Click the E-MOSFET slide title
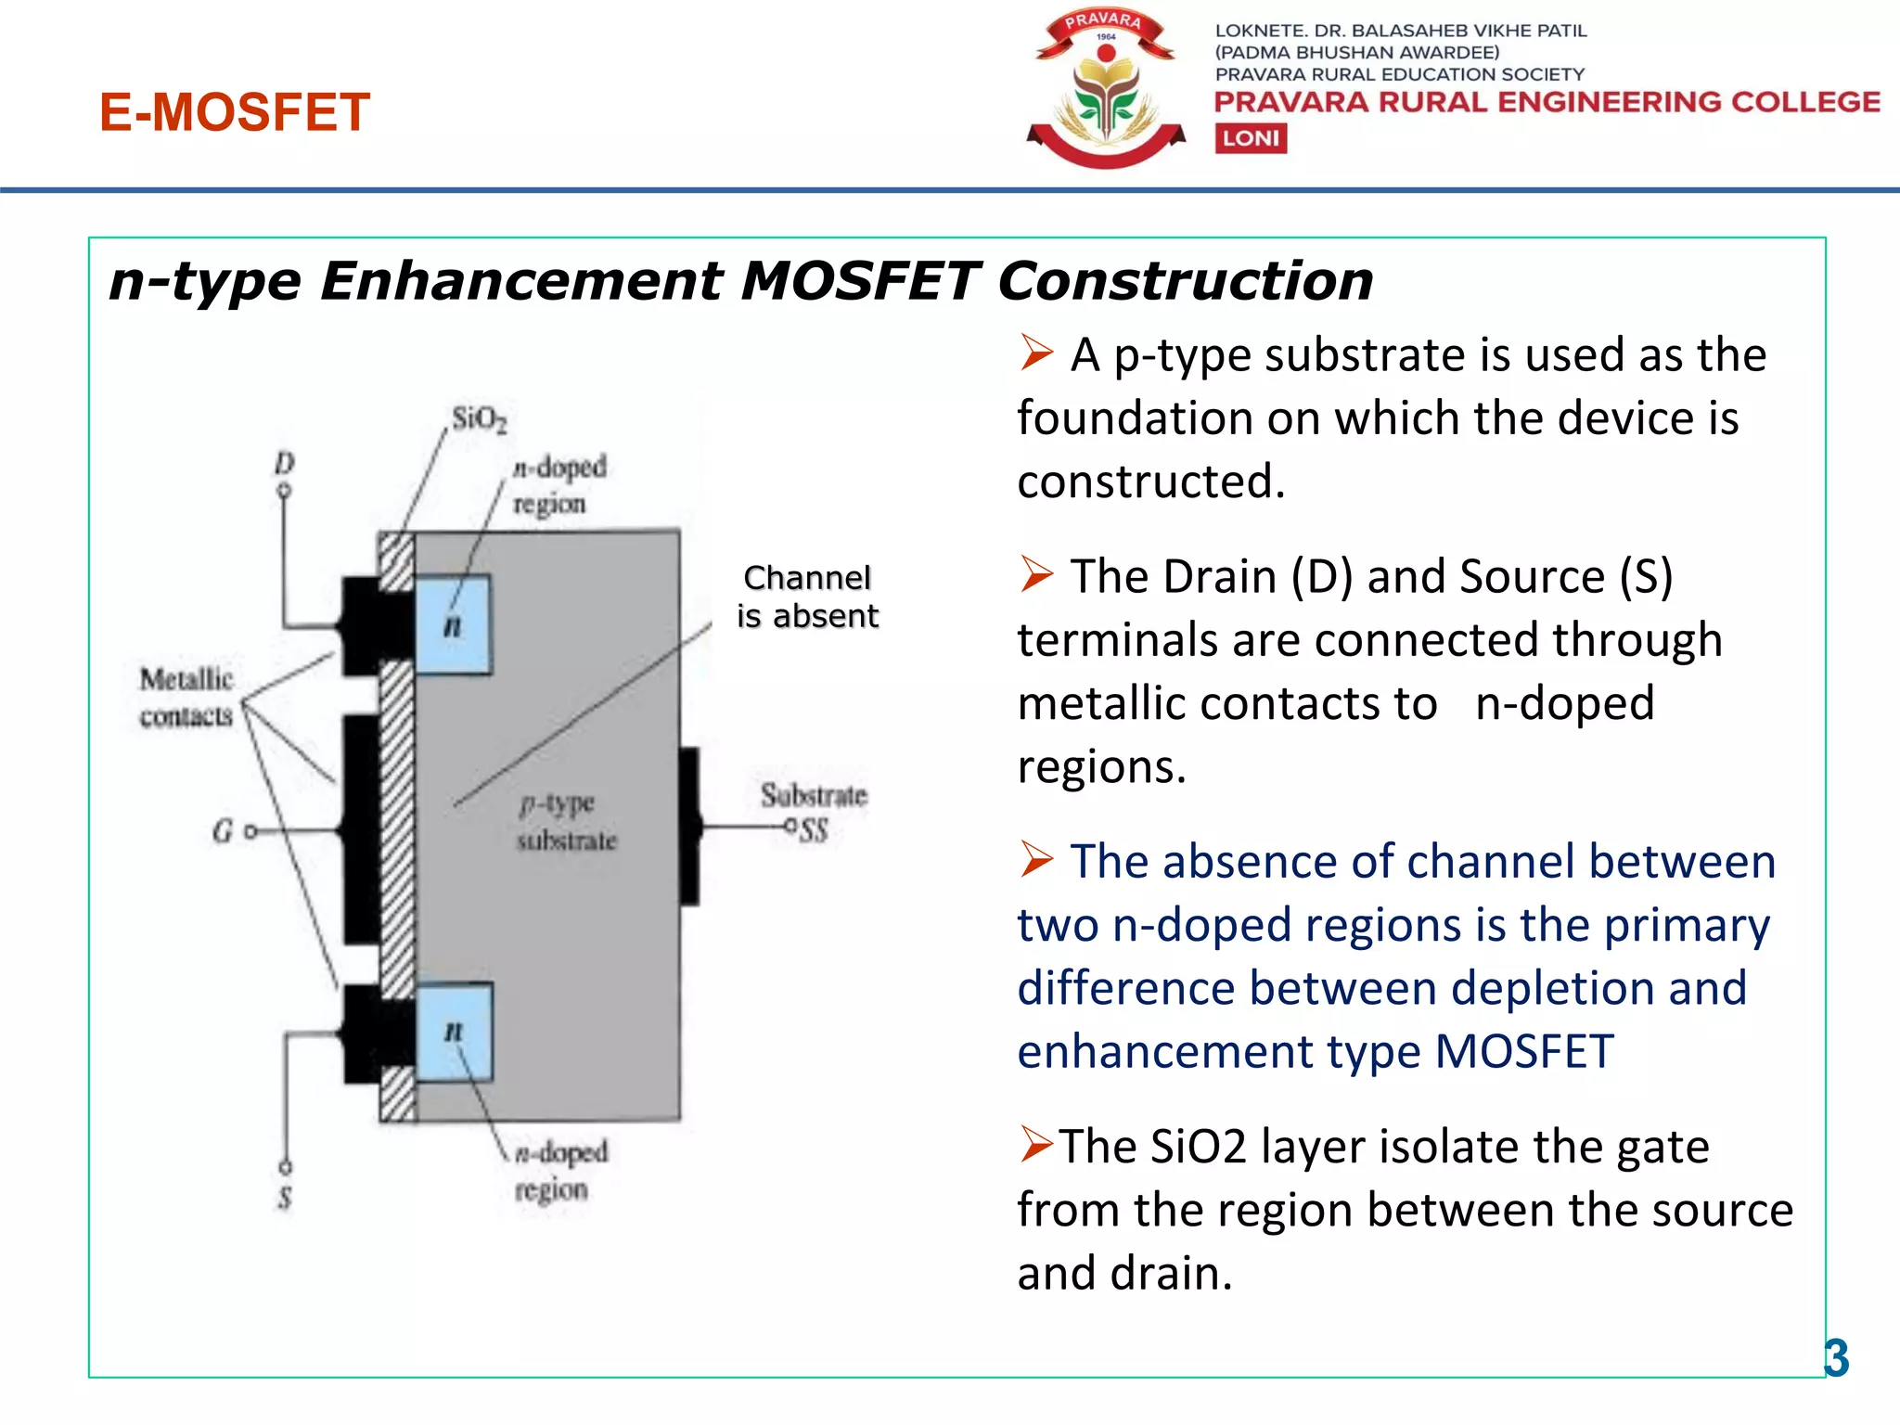coord(235,112)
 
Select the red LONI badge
coord(1251,138)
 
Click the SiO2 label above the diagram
coord(479,419)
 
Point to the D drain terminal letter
coord(284,462)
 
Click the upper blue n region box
coord(453,623)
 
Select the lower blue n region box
coord(454,1032)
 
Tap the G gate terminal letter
coord(223,831)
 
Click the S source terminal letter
coord(285,1198)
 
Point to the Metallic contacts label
coord(186,697)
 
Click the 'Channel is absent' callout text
coord(807,597)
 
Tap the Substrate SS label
coord(814,810)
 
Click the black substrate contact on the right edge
coord(689,826)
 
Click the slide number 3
coord(1836,1359)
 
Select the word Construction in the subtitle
coord(1185,280)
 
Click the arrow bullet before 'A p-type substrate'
coord(1036,353)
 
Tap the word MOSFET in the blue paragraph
coord(1524,1052)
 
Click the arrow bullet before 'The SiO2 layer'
coord(1036,1144)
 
